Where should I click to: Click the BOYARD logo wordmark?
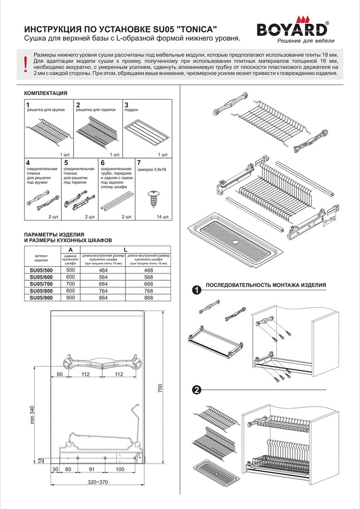[292, 29]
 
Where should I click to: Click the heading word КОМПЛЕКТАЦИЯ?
[45, 93]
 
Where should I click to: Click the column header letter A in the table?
[71, 249]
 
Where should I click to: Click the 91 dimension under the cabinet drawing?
[91, 469]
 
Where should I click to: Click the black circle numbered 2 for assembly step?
[197, 390]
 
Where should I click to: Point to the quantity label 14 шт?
[163, 217]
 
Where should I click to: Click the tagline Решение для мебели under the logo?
[306, 41]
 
